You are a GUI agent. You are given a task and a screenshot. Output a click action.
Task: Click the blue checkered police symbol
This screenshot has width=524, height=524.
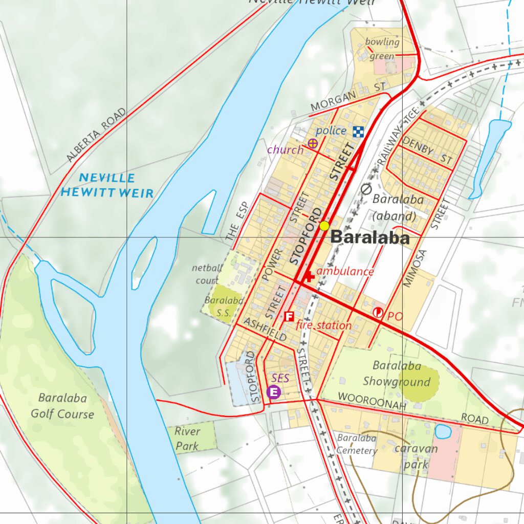[359, 132]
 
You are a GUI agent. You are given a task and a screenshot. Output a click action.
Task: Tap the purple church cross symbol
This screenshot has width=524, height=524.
[312, 144]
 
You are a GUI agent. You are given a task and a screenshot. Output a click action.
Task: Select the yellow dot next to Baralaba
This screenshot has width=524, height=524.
[324, 226]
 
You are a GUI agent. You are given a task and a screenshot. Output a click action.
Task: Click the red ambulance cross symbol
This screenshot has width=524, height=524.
[309, 277]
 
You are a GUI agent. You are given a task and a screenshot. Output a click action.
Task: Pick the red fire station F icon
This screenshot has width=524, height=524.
[289, 317]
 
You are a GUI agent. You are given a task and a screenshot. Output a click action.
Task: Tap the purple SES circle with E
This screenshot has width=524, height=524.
[274, 392]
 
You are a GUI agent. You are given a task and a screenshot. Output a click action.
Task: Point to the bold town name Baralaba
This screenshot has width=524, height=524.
[370, 238]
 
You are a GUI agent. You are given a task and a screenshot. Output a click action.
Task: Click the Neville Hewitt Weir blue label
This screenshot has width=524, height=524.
[107, 186]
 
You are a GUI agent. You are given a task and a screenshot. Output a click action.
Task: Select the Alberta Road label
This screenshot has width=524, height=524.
[96, 136]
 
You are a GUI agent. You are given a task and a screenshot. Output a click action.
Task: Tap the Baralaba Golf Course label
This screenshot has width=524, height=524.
[62, 406]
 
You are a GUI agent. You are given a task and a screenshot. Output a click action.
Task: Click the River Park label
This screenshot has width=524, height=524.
[187, 439]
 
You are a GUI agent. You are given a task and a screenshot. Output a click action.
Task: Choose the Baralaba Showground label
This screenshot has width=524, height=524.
[397, 374]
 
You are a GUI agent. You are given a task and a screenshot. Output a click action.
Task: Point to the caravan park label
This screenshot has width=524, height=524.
[416, 456]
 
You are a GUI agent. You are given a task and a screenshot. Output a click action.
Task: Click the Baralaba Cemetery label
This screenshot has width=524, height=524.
[357, 445]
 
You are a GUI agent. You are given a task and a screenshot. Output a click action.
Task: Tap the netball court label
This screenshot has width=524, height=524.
[207, 274]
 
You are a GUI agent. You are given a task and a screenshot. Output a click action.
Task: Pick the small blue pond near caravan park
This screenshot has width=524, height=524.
[443, 431]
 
